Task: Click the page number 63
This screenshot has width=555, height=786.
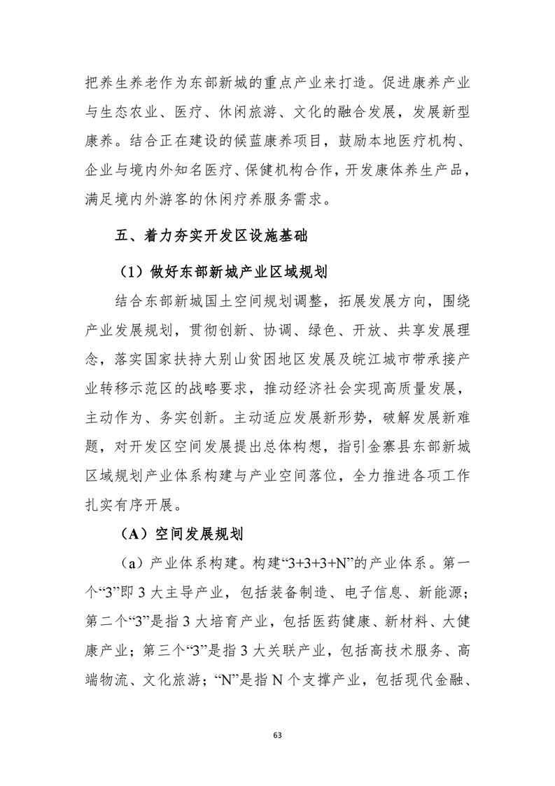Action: pos(278,735)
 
